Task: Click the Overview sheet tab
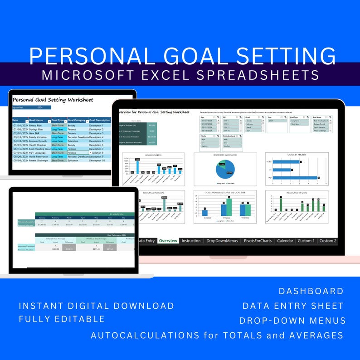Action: click(168, 241)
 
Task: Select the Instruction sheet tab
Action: click(191, 241)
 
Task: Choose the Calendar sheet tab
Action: click(285, 241)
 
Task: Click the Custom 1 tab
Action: click(306, 241)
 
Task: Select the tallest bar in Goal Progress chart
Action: click(138, 167)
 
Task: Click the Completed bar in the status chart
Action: click(205, 212)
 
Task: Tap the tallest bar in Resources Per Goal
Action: click(164, 205)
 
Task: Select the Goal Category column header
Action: click(77, 121)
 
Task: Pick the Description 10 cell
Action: click(97, 161)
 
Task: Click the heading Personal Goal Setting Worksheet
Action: click(53, 100)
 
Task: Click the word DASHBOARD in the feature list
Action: click(311, 291)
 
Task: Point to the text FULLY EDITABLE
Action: click(62, 319)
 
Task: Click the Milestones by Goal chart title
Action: click(297, 192)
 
